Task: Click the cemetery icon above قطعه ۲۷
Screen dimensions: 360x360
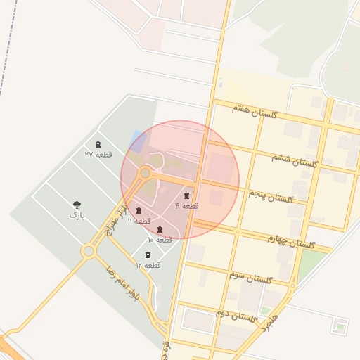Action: tap(97, 144)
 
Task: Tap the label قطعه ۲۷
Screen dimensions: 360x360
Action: tap(98, 154)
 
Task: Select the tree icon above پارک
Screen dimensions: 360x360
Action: tap(76, 205)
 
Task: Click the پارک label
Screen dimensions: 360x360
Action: tap(76, 215)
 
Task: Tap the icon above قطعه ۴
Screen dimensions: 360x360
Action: tap(186, 195)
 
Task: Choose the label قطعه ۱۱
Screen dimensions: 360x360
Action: tap(139, 221)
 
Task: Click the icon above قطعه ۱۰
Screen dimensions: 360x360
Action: tap(160, 230)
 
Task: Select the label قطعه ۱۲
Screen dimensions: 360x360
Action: tap(148, 265)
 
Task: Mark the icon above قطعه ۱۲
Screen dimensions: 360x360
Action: tap(148, 255)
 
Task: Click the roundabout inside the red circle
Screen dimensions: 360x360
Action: tap(146, 172)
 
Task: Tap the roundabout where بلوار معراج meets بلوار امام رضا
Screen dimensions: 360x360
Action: tap(89, 251)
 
